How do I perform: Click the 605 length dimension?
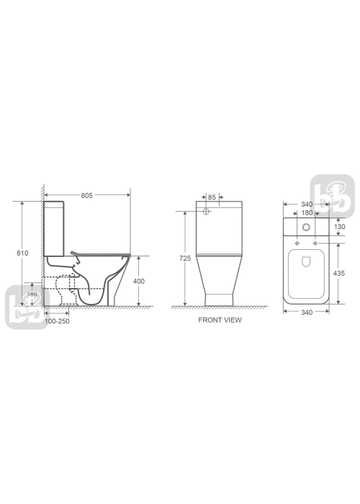(87, 195)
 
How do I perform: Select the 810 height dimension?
(22, 253)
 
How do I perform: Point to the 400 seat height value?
(139, 282)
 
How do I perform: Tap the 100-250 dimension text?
(57, 321)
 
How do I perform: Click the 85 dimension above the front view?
(212, 197)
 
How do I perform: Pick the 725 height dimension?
(185, 258)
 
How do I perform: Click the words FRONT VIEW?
(220, 320)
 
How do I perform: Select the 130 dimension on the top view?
(339, 227)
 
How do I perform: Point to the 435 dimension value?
(339, 273)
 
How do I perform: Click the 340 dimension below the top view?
(307, 312)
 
